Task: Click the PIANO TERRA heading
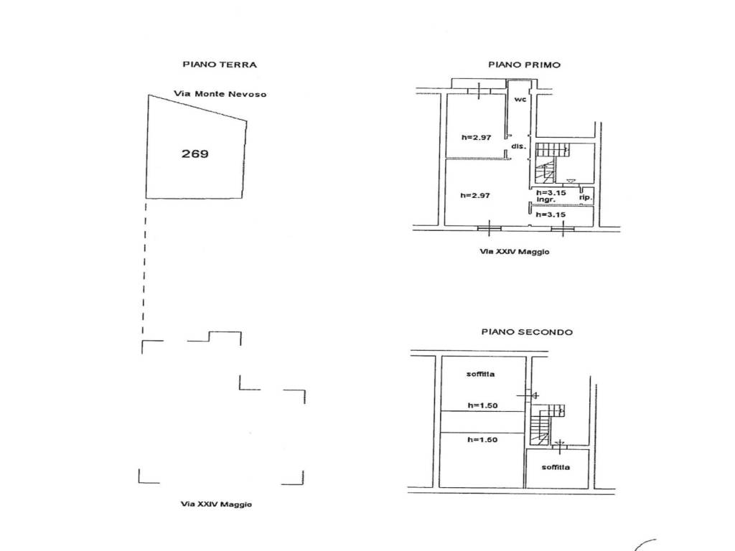220,65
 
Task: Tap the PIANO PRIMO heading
524,65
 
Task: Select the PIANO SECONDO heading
527,332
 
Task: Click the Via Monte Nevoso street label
220,94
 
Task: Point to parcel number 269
195,154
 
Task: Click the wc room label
520,99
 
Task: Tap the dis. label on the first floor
519,146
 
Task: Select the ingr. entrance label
546,199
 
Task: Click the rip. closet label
586,198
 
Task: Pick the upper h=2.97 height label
477,137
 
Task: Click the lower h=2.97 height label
475,195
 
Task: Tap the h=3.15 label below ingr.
551,215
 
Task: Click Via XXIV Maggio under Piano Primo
514,252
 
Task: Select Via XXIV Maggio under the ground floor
216,504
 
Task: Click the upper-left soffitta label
480,374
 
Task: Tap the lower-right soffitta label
556,467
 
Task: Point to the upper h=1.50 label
482,406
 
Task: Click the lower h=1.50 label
482,440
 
